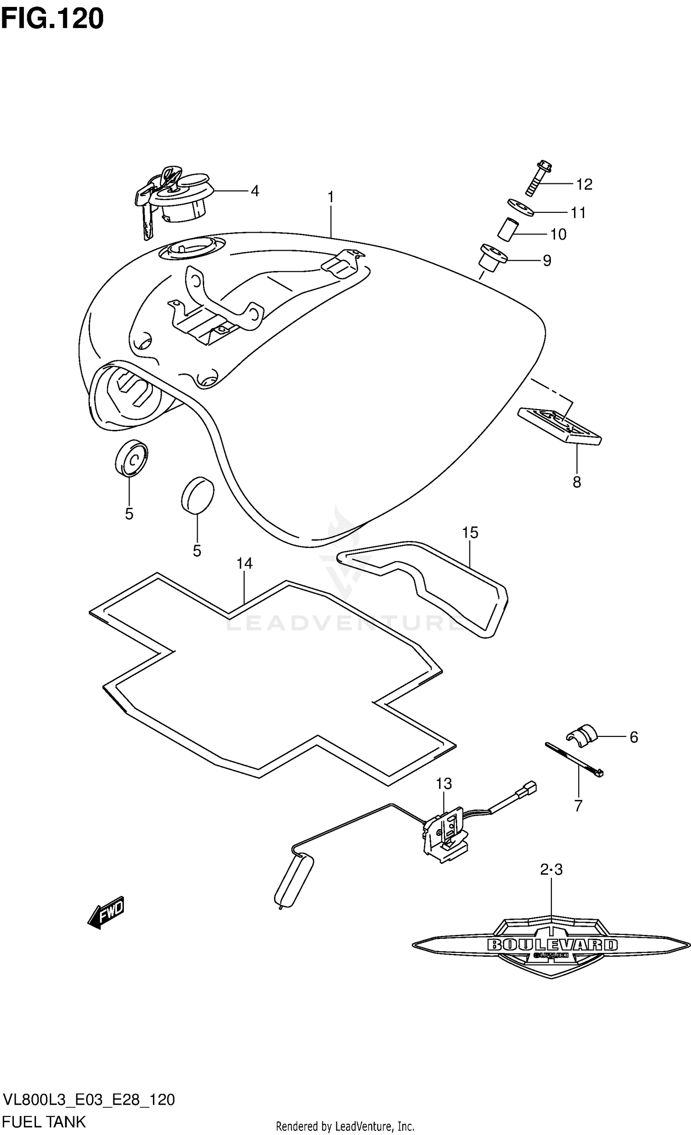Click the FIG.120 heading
pyautogui.click(x=52, y=19)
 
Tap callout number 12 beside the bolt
pyautogui.click(x=584, y=184)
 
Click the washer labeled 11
pyautogui.click(x=521, y=207)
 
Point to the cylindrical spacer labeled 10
pyautogui.click(x=506, y=229)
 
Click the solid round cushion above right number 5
pyautogui.click(x=198, y=496)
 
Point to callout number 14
pyautogui.click(x=245, y=563)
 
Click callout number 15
pyautogui.click(x=470, y=533)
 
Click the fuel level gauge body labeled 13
pyautogui.click(x=446, y=835)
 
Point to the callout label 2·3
pyautogui.click(x=551, y=870)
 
